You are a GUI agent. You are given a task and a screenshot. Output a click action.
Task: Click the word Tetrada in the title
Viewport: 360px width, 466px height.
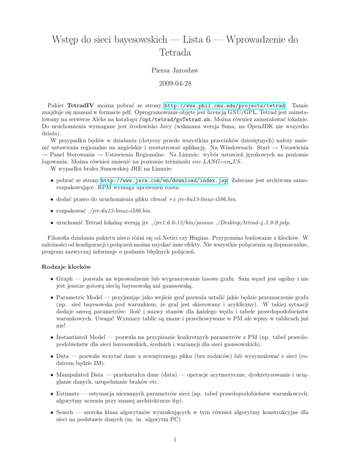click(175, 53)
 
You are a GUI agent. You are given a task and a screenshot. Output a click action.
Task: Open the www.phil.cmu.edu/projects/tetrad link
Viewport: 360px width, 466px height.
click(224, 105)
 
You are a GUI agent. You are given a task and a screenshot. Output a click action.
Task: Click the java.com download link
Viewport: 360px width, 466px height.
click(164, 181)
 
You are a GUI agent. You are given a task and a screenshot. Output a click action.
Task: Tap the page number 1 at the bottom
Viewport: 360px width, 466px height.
click(175, 439)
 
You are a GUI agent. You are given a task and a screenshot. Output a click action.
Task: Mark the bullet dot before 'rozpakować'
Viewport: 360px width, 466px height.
click(52, 211)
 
